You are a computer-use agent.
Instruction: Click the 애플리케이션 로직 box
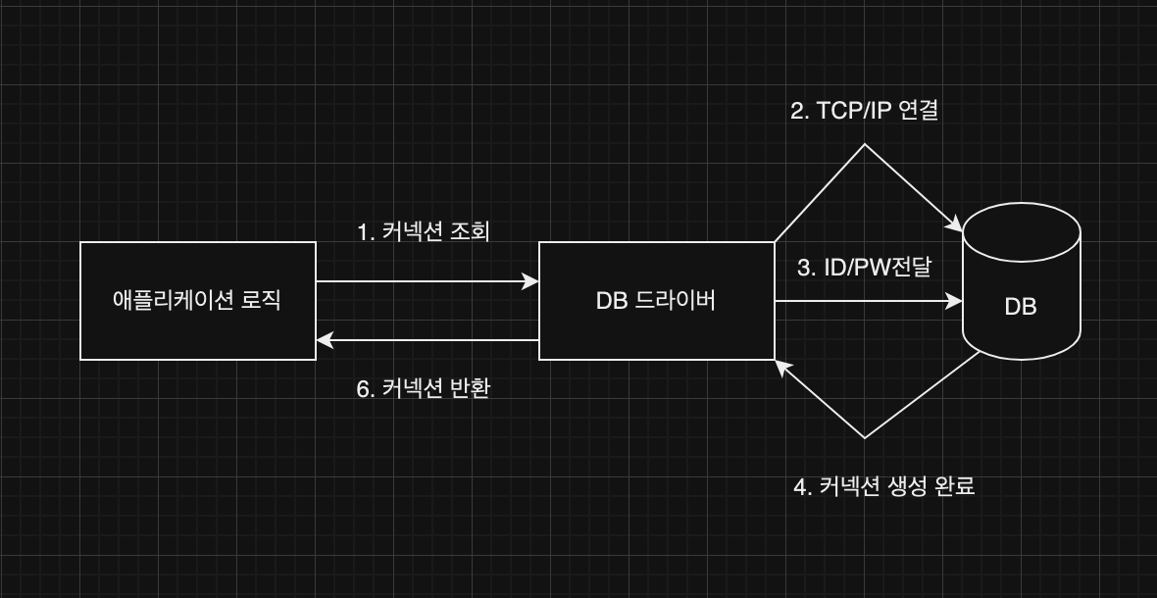pyautogui.click(x=197, y=301)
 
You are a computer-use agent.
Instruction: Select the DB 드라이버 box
pyautogui.click(x=656, y=301)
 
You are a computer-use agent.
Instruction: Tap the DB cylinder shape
pyautogui.click(x=1021, y=284)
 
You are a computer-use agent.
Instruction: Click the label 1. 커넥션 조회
pyautogui.click(x=423, y=232)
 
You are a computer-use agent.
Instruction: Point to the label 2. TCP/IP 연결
pyautogui.click(x=865, y=110)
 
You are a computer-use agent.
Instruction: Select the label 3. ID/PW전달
pyautogui.click(x=864, y=267)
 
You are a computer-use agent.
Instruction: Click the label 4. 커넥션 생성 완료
pyautogui.click(x=883, y=486)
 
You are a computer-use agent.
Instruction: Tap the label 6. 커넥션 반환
pyautogui.click(x=423, y=388)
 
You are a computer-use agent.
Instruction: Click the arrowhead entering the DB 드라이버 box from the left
pyautogui.click(x=531, y=281)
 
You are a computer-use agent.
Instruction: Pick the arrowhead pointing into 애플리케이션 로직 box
pyautogui.click(x=325, y=340)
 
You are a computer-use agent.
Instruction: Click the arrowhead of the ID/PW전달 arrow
pyautogui.click(x=955, y=301)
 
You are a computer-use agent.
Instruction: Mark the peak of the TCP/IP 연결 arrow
pyautogui.click(x=865, y=145)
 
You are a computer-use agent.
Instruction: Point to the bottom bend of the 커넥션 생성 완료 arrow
pyautogui.click(x=865, y=437)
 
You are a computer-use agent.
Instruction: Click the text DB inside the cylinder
pyautogui.click(x=1021, y=307)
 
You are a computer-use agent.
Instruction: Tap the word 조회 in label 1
pyautogui.click(x=467, y=232)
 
